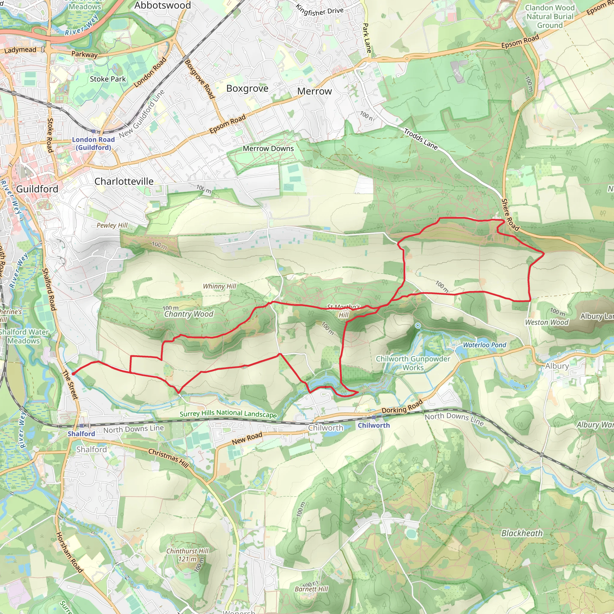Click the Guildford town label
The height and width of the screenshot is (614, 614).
coord(37,189)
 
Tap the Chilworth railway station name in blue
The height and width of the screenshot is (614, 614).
coord(374,425)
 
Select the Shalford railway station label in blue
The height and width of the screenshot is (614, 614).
coord(81,434)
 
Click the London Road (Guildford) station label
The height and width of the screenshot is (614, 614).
coord(93,143)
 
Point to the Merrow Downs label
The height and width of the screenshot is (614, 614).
coord(268,148)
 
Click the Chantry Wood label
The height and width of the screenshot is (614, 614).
coord(189,314)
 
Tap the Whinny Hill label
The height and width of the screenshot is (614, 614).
coord(219,286)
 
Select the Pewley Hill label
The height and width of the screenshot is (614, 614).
coord(112,225)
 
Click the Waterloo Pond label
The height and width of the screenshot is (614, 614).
coord(484,345)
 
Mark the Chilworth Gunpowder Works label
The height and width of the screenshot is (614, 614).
coord(413,363)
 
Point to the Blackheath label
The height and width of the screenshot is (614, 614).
coord(522,533)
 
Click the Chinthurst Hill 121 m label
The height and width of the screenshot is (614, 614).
coord(187,555)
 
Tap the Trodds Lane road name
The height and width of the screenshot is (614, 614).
coord(420,139)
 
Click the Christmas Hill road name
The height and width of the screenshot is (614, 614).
coord(168,458)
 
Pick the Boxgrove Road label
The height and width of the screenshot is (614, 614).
coord(200,79)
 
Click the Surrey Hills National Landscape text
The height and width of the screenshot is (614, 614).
coord(228,413)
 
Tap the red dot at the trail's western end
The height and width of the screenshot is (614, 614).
coord(73,374)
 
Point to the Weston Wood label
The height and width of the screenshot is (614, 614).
coord(546,322)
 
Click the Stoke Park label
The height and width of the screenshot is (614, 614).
coord(108,79)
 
